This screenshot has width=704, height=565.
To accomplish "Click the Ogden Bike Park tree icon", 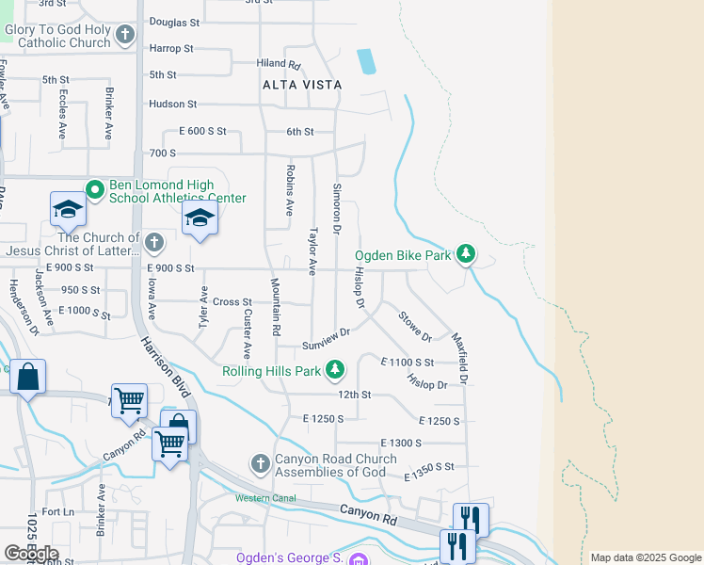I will (x=465, y=253).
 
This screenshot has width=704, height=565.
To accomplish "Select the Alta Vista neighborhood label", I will (x=302, y=85).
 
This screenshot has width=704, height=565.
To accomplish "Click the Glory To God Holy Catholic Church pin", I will (x=125, y=36).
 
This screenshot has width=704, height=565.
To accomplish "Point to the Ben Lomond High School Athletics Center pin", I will (x=94, y=190).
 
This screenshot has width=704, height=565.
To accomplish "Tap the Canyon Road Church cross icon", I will (x=261, y=464).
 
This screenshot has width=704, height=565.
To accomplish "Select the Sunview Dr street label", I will (x=326, y=338).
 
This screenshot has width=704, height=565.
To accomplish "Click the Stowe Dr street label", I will (x=415, y=326).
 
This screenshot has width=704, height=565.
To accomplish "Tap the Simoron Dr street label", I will (x=336, y=208).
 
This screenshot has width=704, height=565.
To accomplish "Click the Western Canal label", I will (x=265, y=498).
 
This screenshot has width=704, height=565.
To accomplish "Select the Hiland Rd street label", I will (x=278, y=65).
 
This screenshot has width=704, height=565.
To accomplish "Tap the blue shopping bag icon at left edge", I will (x=28, y=379).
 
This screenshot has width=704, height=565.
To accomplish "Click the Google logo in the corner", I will (x=30, y=554).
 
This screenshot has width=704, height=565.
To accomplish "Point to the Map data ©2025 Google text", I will (x=645, y=557).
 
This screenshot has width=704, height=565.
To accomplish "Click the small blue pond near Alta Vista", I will (x=366, y=61).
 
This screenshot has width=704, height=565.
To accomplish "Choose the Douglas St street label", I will (x=174, y=22).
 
